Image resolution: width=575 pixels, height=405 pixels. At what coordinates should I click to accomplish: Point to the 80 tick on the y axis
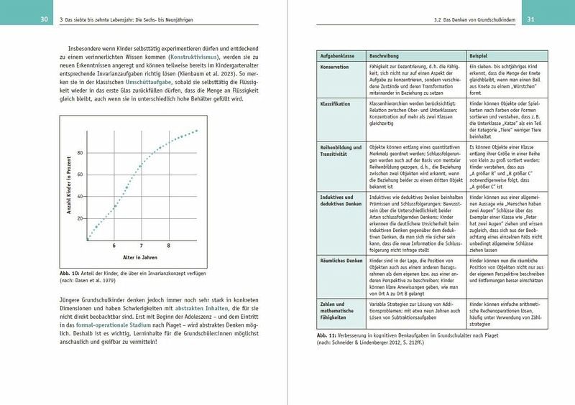79,153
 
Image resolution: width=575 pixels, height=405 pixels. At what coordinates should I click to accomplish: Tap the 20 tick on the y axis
79,218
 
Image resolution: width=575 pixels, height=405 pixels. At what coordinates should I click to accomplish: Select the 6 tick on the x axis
114,246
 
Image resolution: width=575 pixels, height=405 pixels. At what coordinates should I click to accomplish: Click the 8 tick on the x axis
169,246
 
